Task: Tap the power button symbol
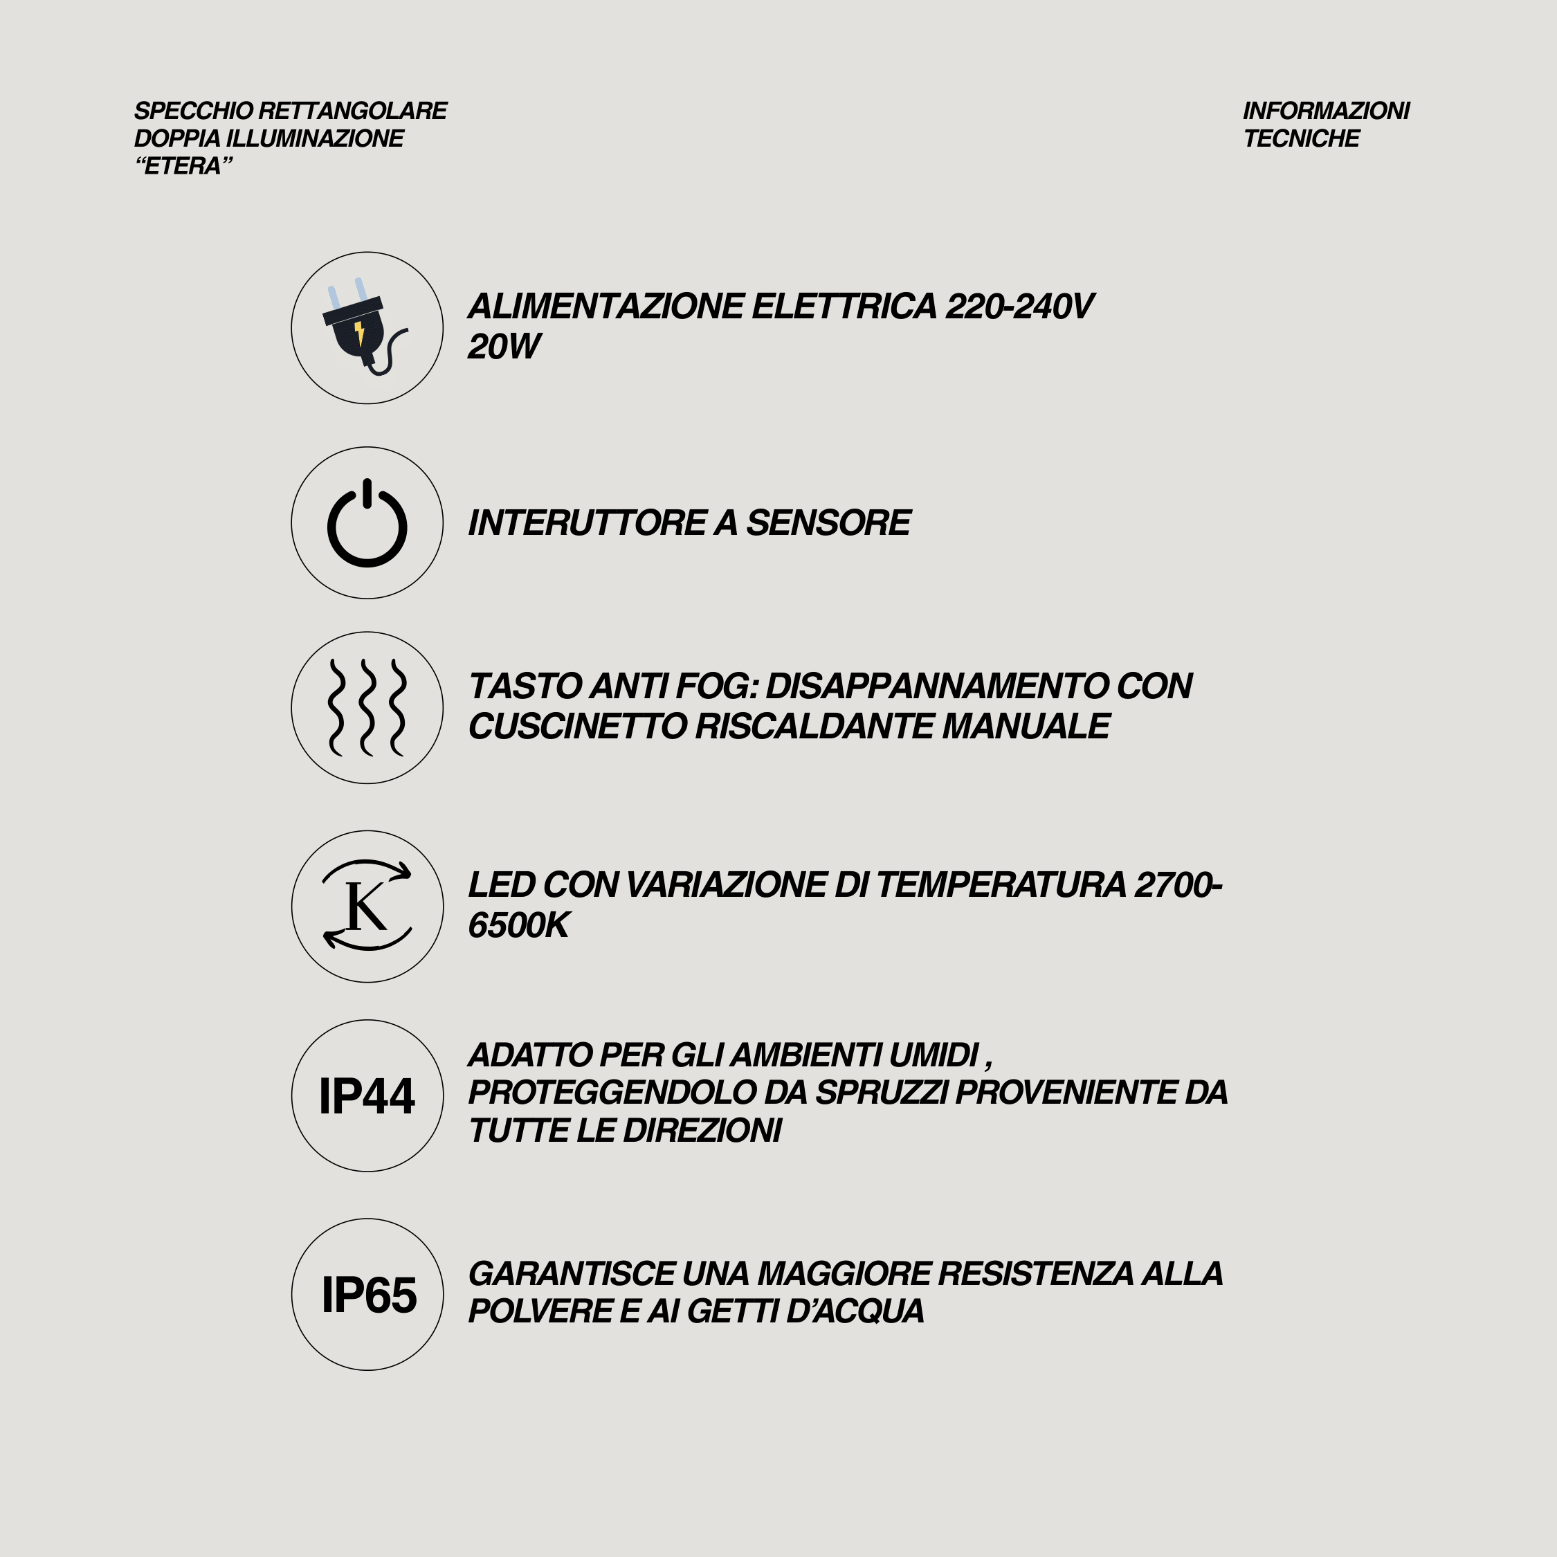(367, 523)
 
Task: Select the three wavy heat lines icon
(367, 708)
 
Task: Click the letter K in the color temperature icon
(365, 906)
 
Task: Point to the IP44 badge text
(367, 1096)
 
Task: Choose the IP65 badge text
(369, 1295)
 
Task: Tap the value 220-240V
(1019, 307)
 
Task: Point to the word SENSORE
(828, 523)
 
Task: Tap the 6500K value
(518, 925)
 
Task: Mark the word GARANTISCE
(572, 1274)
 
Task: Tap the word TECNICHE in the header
(1301, 138)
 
